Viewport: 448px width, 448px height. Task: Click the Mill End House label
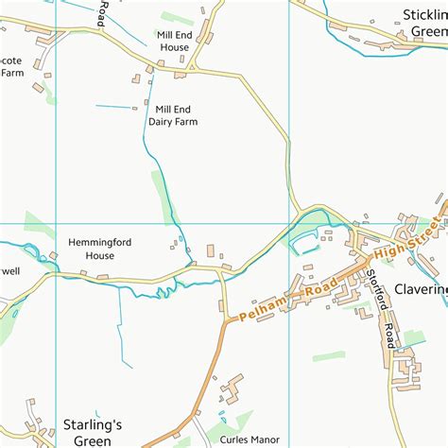174,40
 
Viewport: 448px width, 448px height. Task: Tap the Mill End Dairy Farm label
177,114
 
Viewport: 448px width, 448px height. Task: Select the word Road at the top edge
101,11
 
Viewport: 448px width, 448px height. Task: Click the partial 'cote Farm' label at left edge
11,65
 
